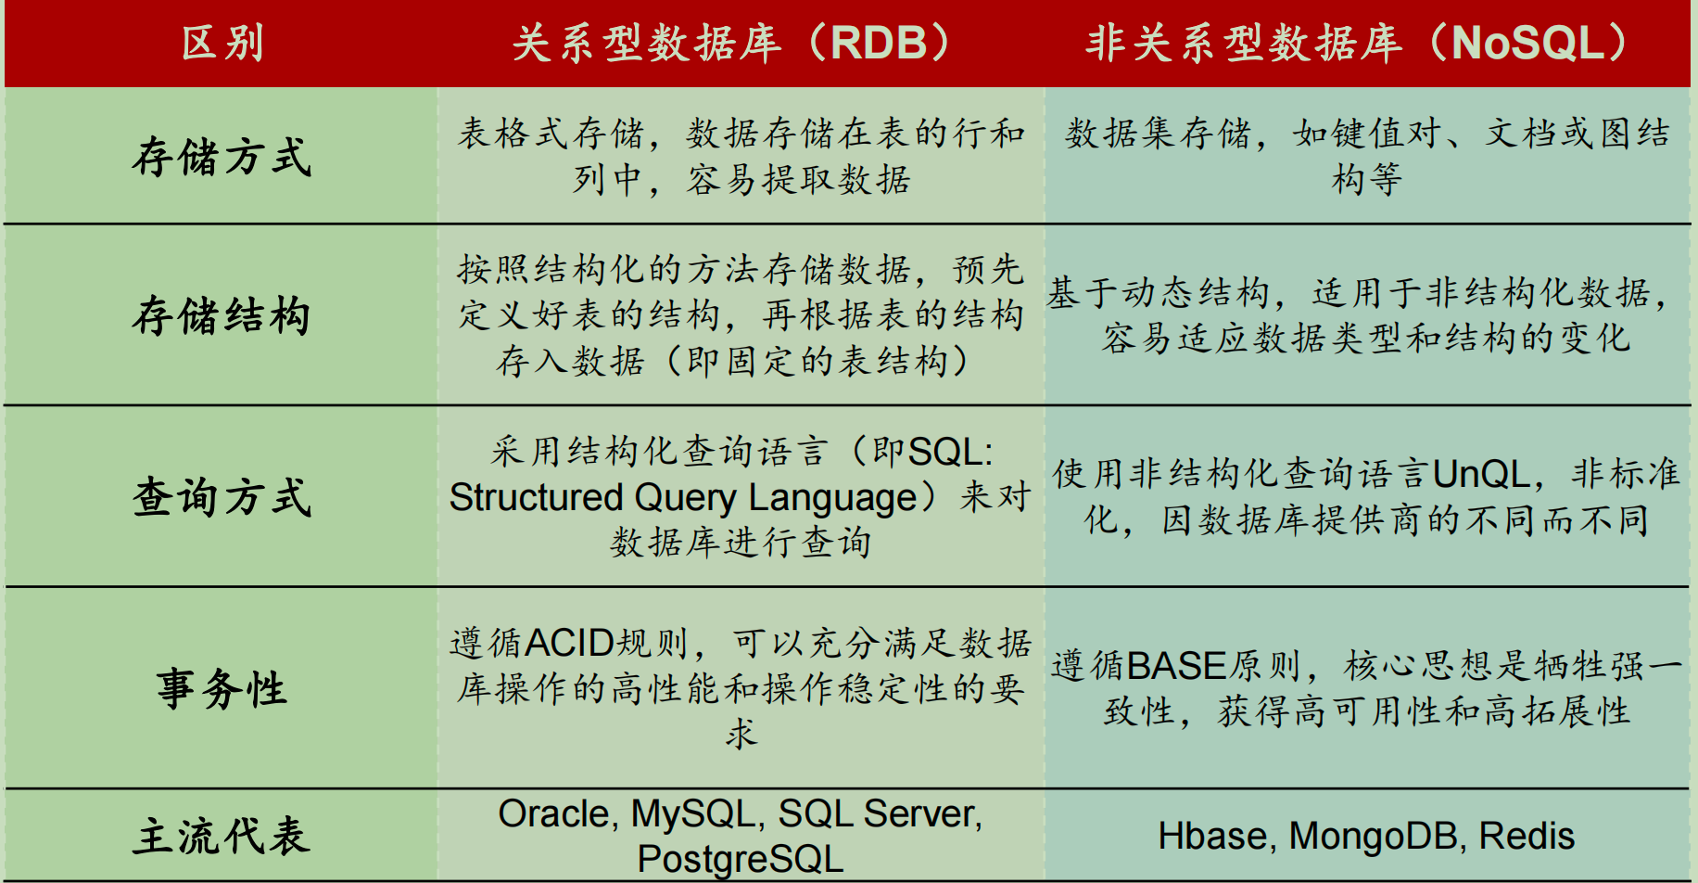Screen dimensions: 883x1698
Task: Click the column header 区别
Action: tap(222, 44)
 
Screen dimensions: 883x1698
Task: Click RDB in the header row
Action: tap(879, 44)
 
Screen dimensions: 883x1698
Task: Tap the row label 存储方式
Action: tap(222, 156)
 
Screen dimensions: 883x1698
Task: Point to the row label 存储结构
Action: tap(222, 315)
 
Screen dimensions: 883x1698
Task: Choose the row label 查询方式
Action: tap(222, 497)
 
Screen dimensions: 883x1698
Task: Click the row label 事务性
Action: tap(222, 689)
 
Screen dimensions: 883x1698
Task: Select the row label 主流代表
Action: tap(222, 836)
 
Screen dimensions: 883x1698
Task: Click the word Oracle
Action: tap(553, 814)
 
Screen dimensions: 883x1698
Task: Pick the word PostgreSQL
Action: tap(740, 859)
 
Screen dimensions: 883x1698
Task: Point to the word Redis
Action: tap(1527, 837)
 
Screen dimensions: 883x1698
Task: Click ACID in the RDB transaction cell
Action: tap(570, 643)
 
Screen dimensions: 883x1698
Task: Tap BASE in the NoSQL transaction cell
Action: tap(1177, 666)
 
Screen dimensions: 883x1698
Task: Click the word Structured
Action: tap(536, 498)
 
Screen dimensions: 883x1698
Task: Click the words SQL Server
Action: tap(879, 814)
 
